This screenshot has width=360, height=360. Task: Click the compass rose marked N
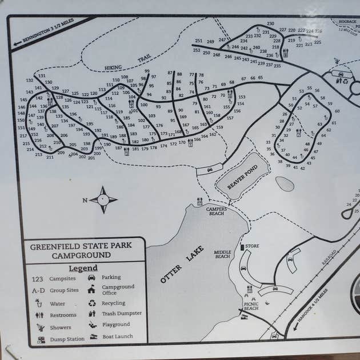coord(103,199)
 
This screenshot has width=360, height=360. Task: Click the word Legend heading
coord(83,268)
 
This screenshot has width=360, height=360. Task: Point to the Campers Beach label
coord(217,211)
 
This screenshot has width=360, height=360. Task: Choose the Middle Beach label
coord(222,253)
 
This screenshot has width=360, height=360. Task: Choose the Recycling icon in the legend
coord(92,303)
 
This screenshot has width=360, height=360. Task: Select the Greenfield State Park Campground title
coord(81,250)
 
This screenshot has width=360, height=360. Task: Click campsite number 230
coord(270,24)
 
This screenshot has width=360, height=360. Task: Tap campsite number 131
coord(42,75)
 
